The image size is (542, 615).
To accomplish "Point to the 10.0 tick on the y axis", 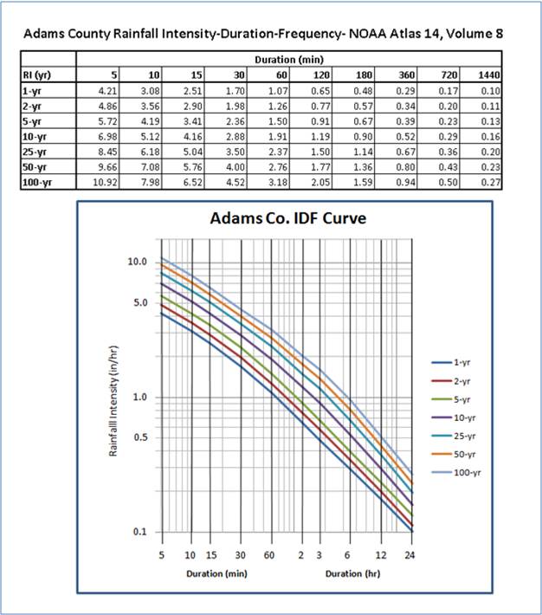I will click(x=138, y=262).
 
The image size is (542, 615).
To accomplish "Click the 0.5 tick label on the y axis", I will click(x=142, y=438).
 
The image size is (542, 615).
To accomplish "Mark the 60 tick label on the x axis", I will click(x=270, y=554).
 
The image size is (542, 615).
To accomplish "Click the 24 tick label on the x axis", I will click(x=410, y=554).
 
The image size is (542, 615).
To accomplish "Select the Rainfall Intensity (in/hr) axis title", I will click(x=114, y=397).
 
